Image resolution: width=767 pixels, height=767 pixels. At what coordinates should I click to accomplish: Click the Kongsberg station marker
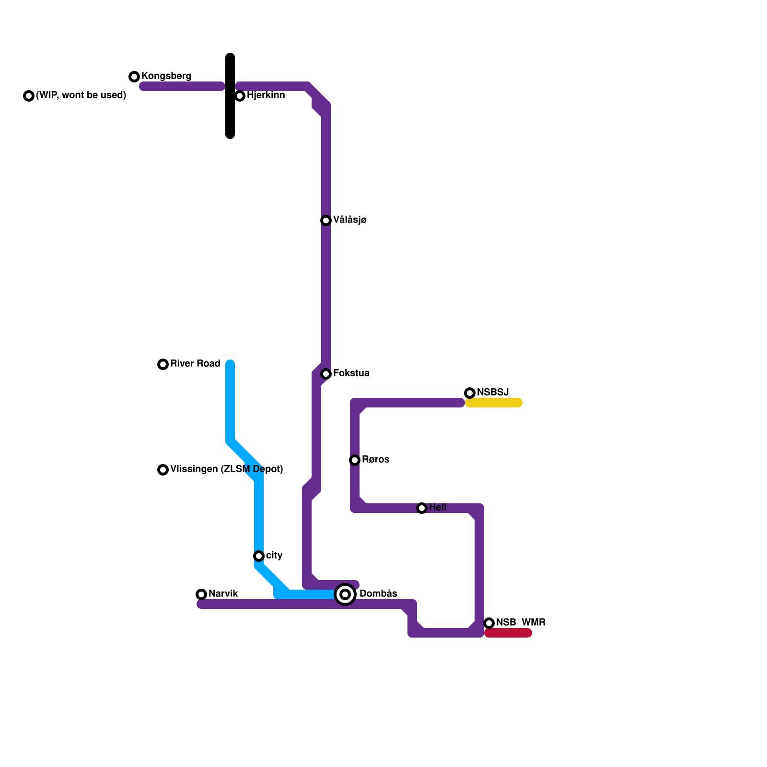(x=134, y=77)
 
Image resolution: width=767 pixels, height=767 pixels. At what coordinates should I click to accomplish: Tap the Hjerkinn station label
(x=266, y=95)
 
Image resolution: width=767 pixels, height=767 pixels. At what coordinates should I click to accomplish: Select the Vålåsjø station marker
(x=326, y=221)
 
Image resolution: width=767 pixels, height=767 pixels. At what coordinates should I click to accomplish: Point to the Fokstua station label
(x=351, y=373)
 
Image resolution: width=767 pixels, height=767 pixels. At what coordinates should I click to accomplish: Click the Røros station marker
(x=355, y=460)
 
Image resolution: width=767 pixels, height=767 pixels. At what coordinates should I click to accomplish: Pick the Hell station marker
(x=422, y=508)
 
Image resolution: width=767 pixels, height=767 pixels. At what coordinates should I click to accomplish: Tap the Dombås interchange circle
(x=345, y=594)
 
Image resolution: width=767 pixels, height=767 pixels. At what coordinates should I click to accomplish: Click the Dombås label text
(x=378, y=594)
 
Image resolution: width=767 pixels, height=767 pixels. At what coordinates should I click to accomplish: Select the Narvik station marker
(x=201, y=594)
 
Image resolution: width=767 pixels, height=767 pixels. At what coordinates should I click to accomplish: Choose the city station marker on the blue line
(x=259, y=556)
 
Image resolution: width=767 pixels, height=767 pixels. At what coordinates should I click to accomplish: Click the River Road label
(x=195, y=364)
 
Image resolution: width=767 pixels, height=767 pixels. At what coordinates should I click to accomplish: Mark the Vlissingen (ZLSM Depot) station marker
(x=163, y=470)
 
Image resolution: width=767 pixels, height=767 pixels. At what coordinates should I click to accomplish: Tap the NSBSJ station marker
(x=470, y=393)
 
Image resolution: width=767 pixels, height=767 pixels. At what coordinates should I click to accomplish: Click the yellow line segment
(x=494, y=403)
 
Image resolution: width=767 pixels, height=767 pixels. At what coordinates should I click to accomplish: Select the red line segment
(x=508, y=633)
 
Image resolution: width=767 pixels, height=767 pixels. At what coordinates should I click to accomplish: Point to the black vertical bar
(x=230, y=96)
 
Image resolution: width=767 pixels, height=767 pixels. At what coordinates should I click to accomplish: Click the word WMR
(x=534, y=623)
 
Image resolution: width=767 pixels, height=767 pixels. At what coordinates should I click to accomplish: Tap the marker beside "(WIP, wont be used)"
(x=29, y=96)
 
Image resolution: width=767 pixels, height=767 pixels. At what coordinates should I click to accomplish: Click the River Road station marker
(x=163, y=364)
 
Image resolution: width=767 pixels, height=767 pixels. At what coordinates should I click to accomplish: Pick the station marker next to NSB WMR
(x=489, y=623)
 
